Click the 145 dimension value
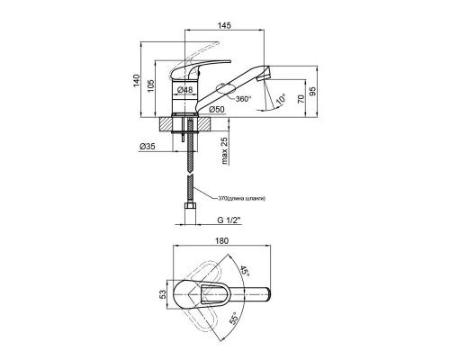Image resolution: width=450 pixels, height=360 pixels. [x=225, y=25]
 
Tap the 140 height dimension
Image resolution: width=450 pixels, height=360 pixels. [x=137, y=80]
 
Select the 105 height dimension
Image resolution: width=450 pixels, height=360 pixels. [x=150, y=85]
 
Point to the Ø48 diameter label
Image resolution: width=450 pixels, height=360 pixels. [x=184, y=90]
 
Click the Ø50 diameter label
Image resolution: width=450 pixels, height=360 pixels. [x=217, y=110]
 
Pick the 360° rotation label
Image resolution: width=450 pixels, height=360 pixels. [x=243, y=99]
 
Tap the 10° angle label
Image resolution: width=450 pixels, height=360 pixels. [x=281, y=99]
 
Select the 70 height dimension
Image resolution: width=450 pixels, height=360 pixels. [x=301, y=98]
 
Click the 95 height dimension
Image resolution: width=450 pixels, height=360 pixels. [x=312, y=91]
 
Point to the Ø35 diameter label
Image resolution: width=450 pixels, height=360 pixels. [x=148, y=147]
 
